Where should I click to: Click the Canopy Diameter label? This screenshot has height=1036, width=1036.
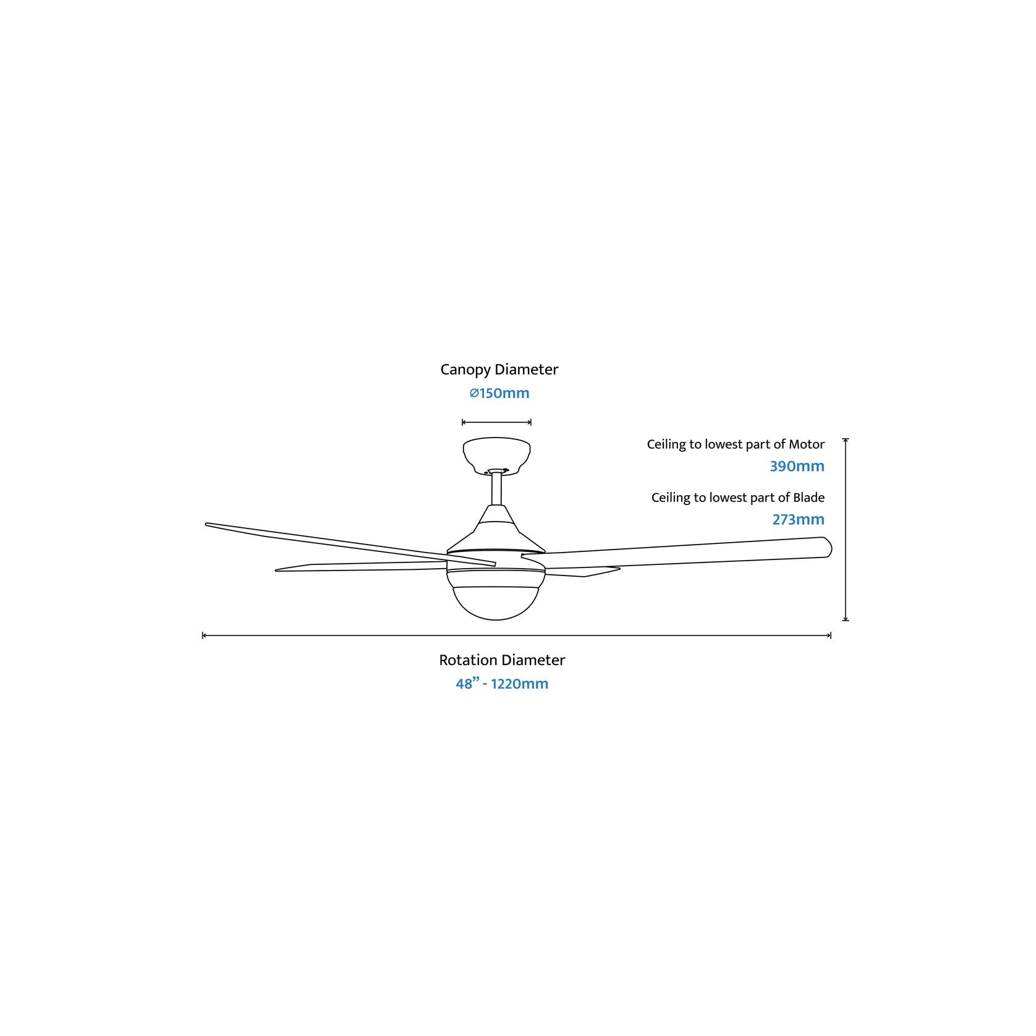[x=499, y=370]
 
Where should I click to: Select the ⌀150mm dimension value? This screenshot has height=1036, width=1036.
[x=499, y=393]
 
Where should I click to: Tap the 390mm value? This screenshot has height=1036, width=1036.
[x=797, y=467]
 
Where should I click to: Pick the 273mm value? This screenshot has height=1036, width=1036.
[x=798, y=520]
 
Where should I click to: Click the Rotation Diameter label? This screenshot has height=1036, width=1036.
[x=502, y=660]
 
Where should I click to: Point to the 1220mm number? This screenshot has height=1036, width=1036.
[x=519, y=684]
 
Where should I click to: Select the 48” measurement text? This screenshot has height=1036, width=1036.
[x=467, y=684]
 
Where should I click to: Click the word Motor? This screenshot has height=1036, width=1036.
[x=806, y=444]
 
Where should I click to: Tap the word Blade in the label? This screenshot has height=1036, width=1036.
[x=809, y=498]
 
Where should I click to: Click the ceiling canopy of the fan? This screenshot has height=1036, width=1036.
[x=496, y=454]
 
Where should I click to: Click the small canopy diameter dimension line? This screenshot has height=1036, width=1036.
[x=496, y=423]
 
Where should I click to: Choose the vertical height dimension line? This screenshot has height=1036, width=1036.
[x=846, y=530]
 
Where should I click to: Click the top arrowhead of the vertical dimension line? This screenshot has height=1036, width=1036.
[x=846, y=440]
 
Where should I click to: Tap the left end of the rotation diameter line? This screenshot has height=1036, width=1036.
[x=203, y=635]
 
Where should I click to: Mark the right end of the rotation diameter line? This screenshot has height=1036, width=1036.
[x=830, y=635]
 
